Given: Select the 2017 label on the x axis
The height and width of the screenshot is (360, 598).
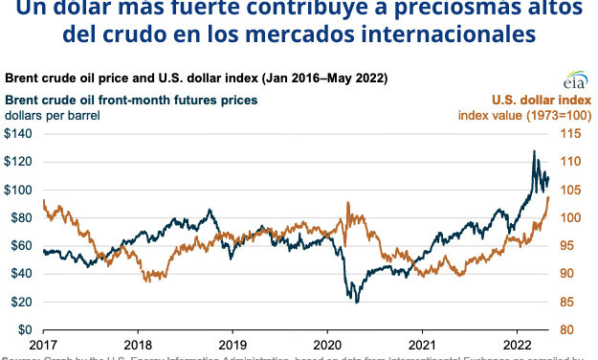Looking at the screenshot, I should click(x=44, y=344).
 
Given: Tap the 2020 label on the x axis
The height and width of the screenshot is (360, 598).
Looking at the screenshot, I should click(x=327, y=344).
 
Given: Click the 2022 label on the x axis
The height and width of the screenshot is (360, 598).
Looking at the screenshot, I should click(x=517, y=344).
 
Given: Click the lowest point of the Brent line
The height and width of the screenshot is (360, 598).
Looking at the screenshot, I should click(x=357, y=302).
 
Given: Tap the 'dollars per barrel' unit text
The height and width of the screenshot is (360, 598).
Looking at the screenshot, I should click(x=53, y=115).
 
